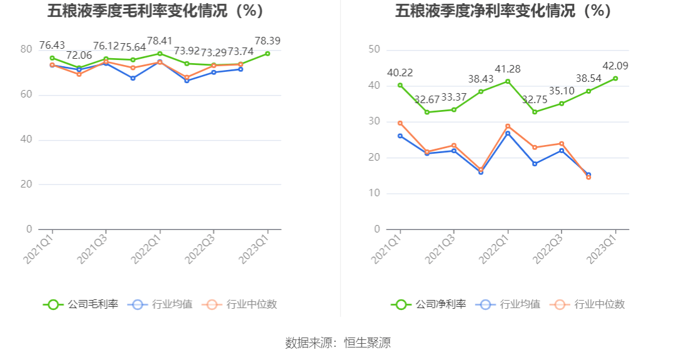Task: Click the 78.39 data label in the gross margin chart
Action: (267, 41)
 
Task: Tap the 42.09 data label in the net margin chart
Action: (615, 66)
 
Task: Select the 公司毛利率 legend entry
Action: (81, 304)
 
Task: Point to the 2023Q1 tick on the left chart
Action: (258, 247)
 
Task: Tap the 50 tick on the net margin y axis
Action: (375, 49)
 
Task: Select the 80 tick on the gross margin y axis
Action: (26, 49)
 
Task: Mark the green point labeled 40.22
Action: (400, 85)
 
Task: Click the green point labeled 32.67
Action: (427, 112)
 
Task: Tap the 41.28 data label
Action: (508, 69)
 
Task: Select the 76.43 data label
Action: (53, 45)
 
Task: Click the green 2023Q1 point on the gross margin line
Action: (268, 54)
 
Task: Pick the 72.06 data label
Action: (79, 55)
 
